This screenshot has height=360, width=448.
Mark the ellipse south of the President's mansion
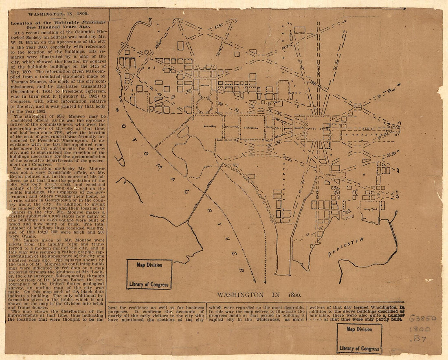204,104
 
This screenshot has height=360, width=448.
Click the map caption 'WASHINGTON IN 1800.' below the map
259,294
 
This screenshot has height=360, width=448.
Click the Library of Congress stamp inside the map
149,274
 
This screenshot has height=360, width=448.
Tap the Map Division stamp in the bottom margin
359,338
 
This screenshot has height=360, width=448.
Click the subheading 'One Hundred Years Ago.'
57,28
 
